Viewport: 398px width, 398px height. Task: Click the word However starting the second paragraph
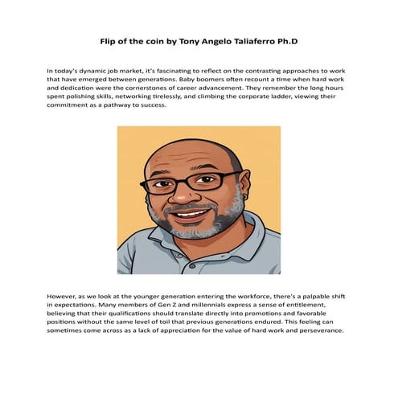tap(64, 298)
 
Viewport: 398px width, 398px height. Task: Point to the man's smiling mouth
tap(191, 215)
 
